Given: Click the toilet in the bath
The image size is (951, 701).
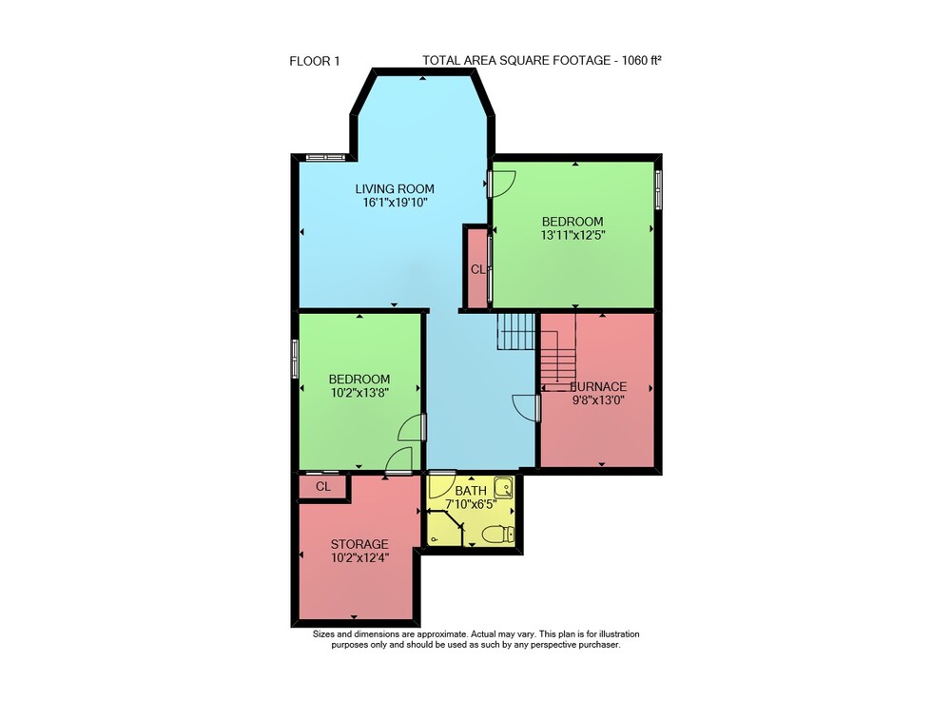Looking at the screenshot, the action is [x=498, y=535].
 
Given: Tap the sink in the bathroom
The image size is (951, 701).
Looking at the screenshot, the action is [x=503, y=486].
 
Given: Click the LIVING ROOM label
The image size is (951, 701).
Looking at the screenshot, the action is [x=395, y=189].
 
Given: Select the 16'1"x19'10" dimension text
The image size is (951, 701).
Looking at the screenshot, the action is [x=395, y=204].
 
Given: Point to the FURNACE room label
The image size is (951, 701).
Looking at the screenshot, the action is [x=598, y=387].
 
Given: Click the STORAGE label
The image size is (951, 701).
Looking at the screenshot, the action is [x=359, y=545].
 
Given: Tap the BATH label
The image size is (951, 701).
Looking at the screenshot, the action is [x=471, y=491].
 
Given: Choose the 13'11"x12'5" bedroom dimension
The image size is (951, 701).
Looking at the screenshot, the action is [x=573, y=235].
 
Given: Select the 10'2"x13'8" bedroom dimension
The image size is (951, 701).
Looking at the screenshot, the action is [x=359, y=393].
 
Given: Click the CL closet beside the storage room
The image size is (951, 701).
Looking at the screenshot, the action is [x=323, y=487].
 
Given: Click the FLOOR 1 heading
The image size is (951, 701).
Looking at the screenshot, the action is [x=315, y=61].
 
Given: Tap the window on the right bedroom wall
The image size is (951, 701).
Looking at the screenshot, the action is [x=659, y=190].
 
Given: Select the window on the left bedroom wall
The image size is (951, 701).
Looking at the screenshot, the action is [x=296, y=359].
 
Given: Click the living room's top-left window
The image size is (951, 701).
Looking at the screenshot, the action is [x=325, y=158].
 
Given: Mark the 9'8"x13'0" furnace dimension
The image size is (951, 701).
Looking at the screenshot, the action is [x=598, y=400].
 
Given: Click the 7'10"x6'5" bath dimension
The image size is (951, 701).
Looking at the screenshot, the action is [x=471, y=504].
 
